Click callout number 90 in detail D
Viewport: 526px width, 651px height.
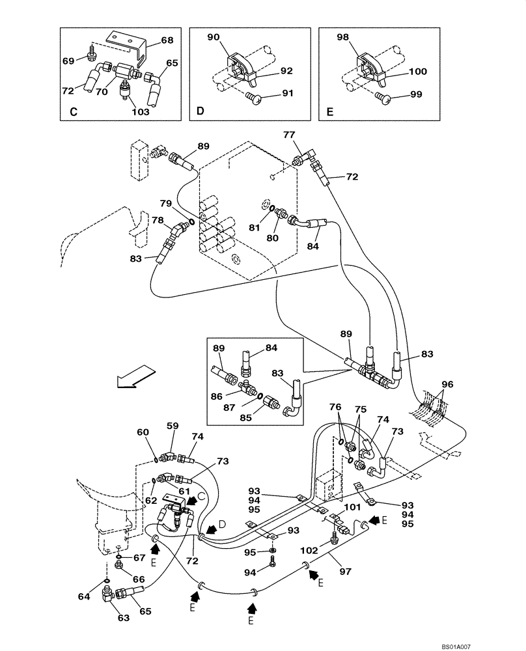(213, 38)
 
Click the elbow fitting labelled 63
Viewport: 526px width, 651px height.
(108, 593)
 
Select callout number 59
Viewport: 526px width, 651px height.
(173, 427)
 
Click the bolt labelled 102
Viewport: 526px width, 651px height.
(334, 538)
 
